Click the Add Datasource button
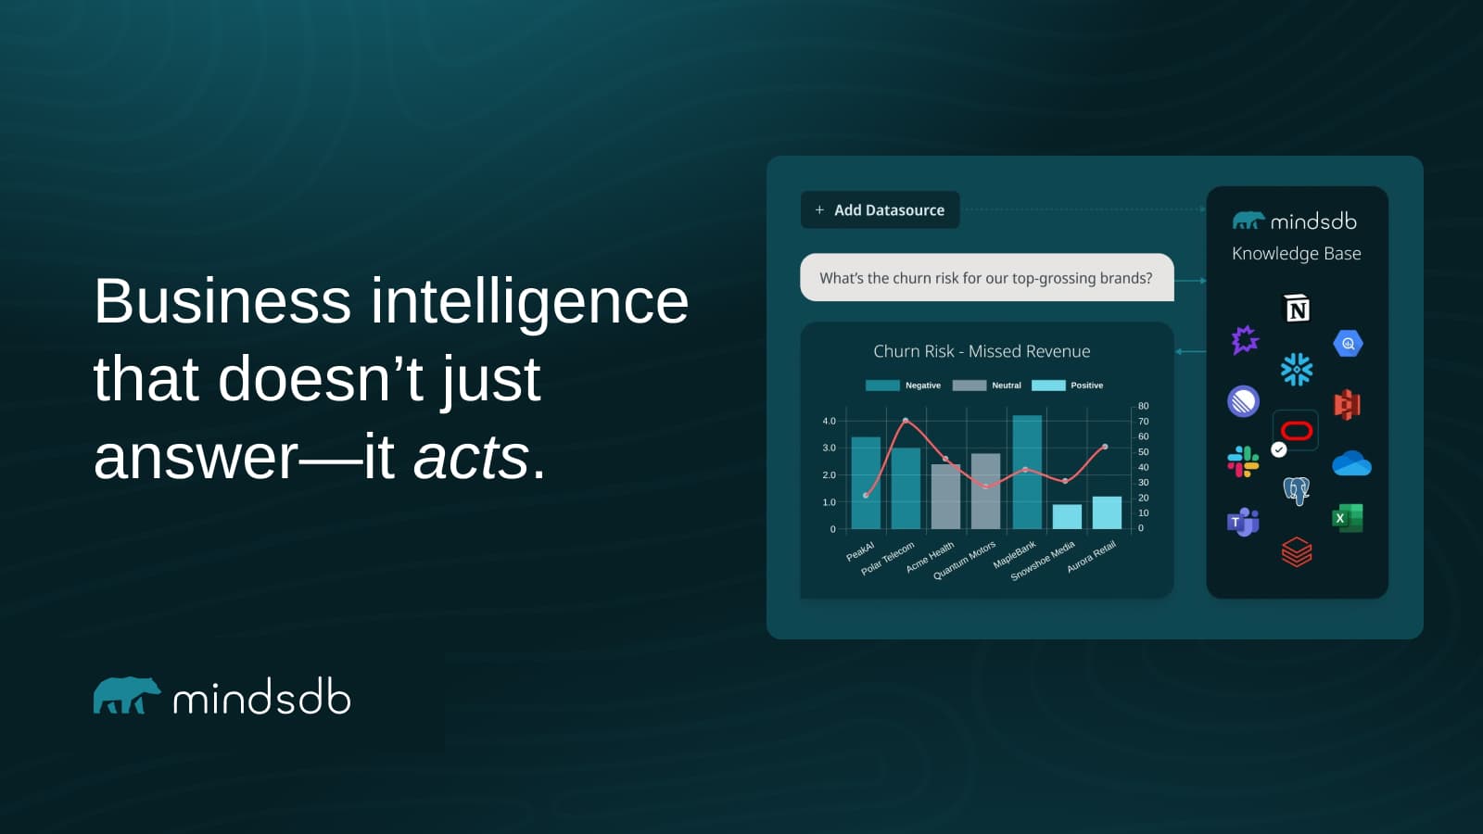880,210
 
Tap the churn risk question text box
986,278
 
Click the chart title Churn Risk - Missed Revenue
982,351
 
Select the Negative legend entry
903,385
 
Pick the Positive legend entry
1068,385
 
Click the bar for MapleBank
1027,473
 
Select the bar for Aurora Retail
1107,512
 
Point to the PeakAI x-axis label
860,551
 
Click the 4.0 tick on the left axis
829,422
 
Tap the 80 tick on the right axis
1143,406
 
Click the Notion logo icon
1297,309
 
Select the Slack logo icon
1243,461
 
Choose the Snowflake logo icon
1297,369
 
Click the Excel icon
1348,518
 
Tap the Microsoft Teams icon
1243,522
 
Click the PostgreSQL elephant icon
1296,489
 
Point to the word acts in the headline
471,458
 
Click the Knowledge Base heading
1296,254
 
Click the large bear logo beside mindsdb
126,696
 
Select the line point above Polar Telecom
906,421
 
